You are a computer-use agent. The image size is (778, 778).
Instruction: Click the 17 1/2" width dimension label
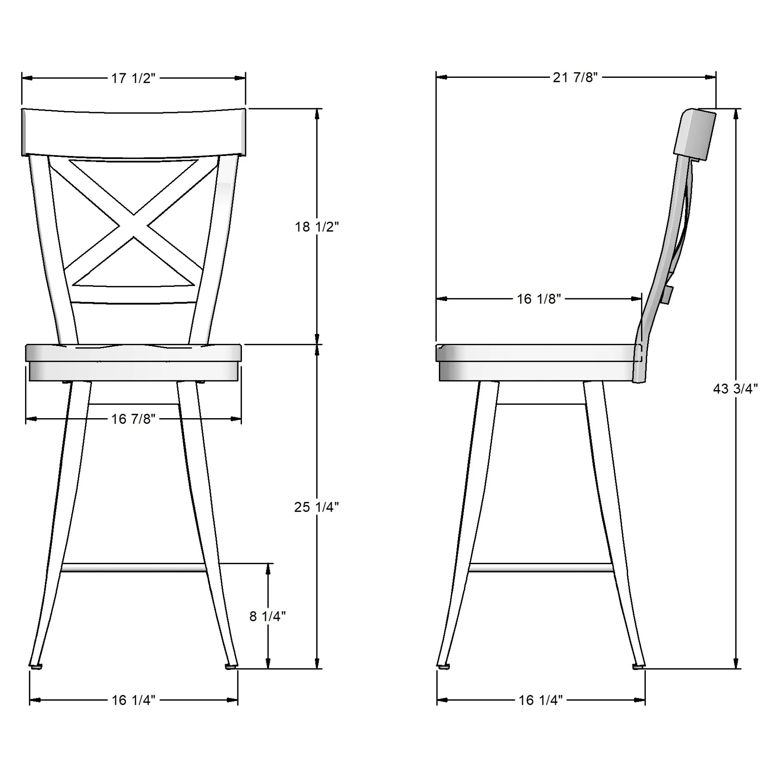[x=133, y=78]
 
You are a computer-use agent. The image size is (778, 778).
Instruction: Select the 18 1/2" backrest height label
[x=316, y=227]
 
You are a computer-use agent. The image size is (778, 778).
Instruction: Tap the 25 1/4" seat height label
[x=316, y=507]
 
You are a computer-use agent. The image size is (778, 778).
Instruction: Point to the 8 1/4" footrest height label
[x=267, y=616]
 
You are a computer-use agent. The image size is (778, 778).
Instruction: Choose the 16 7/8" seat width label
[x=133, y=419]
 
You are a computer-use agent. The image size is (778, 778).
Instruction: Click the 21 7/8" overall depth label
[x=575, y=77]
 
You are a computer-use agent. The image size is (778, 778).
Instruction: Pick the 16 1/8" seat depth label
[x=539, y=299]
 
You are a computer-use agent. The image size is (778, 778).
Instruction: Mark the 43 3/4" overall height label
[x=735, y=389]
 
